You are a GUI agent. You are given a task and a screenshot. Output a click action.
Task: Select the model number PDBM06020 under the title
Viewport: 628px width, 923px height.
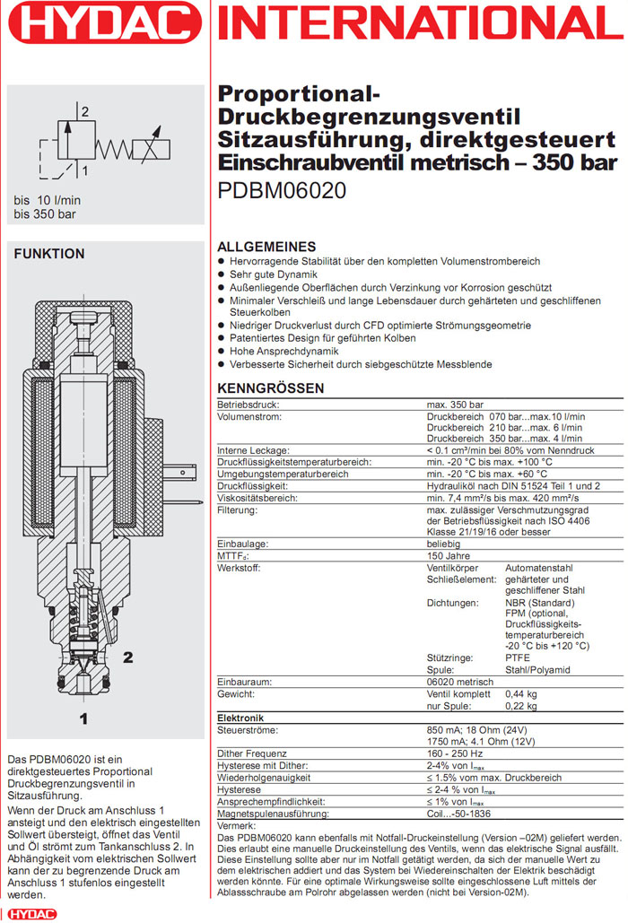[x=283, y=190]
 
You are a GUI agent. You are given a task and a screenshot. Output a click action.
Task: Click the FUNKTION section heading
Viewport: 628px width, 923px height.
[x=49, y=254]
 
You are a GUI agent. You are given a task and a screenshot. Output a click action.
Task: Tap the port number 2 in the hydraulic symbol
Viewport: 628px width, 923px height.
[x=85, y=112]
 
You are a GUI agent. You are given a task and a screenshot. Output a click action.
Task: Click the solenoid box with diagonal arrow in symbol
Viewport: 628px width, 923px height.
[x=153, y=150]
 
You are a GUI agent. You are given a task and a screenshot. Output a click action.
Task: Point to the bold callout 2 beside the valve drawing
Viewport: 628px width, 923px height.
[x=127, y=657]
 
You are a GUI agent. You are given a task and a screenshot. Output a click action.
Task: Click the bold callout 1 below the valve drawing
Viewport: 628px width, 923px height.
[x=83, y=718]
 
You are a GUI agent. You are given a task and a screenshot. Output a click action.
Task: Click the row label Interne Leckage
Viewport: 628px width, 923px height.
[x=253, y=449]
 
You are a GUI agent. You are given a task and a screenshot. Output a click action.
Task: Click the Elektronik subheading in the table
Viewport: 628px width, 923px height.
[x=240, y=718]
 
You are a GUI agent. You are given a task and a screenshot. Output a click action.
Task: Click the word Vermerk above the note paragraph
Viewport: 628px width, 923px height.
[x=237, y=824]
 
